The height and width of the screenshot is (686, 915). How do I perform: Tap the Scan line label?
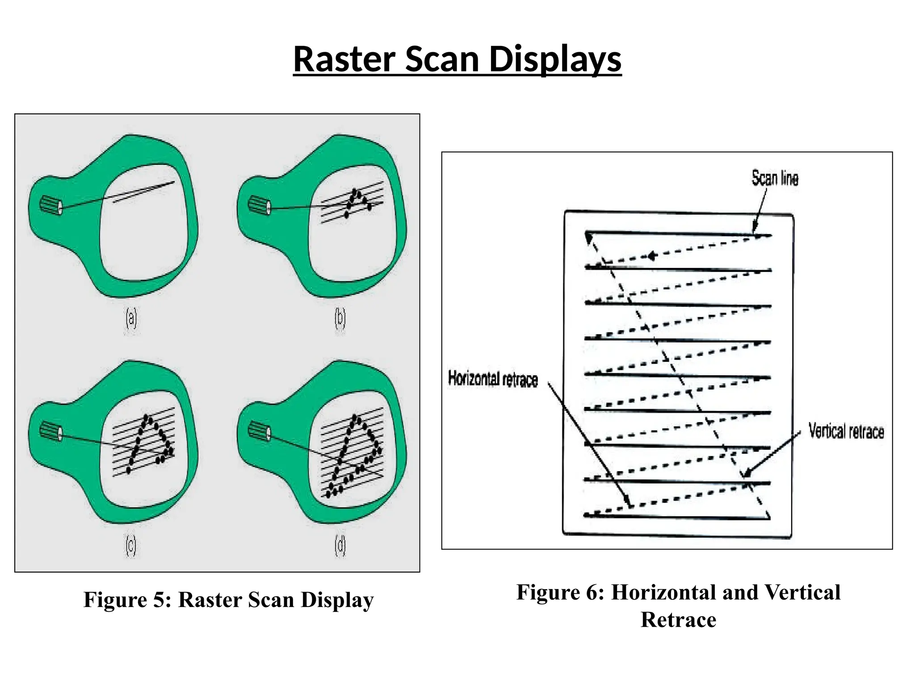tap(775, 178)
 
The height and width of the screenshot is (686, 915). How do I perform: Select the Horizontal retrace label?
tap(493, 379)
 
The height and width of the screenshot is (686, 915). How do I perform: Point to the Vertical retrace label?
tap(846, 431)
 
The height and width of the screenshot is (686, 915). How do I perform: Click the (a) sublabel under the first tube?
tap(131, 318)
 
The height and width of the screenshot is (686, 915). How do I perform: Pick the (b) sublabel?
tap(340, 318)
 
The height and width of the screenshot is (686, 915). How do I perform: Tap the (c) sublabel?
tap(130, 546)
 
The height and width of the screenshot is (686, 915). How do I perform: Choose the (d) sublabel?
tap(340, 546)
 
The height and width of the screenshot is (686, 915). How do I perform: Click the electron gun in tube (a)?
tap(51, 206)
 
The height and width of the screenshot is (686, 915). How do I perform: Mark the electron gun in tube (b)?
tap(260, 205)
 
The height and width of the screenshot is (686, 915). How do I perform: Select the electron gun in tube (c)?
tap(51, 431)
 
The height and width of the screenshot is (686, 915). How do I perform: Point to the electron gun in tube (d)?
tap(260, 431)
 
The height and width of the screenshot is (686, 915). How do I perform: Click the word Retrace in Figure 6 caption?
tap(678, 620)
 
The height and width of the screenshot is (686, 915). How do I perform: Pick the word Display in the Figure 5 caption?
tap(337, 600)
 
